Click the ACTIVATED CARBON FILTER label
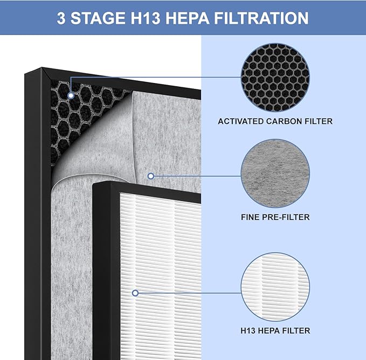pos(275,121)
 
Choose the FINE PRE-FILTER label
pos(275,218)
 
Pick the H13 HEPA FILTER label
pos(275,330)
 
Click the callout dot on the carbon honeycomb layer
pos(71,95)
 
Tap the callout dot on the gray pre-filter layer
pos(151,176)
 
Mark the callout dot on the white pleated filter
pos(135,293)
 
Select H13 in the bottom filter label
pos(249,330)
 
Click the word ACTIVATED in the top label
pos(240,121)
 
